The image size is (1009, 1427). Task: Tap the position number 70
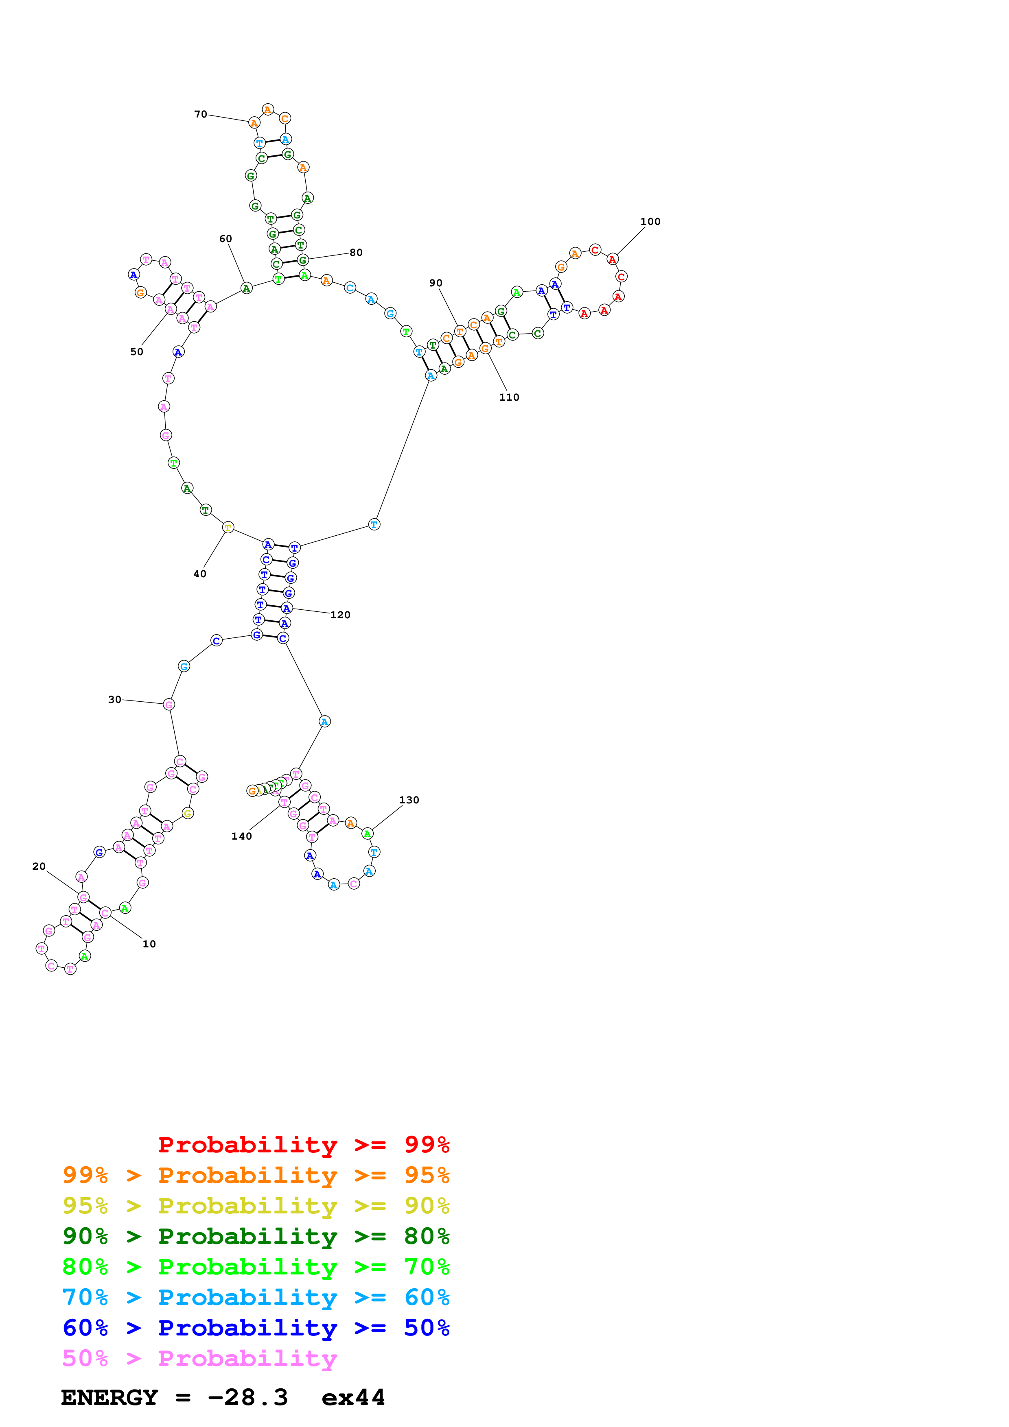[x=200, y=114]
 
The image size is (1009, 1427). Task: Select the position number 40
[x=199, y=574]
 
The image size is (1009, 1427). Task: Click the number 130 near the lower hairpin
[x=409, y=800]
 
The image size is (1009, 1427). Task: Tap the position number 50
[x=136, y=352]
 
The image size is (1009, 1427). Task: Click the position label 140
[x=241, y=836]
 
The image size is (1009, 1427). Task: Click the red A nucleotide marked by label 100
[x=613, y=259]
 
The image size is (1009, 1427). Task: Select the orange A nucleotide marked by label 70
[x=254, y=123]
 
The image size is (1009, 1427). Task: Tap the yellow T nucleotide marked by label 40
[x=228, y=528]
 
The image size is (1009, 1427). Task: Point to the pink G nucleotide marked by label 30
[x=169, y=704]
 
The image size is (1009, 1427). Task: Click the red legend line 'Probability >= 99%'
[x=303, y=1144]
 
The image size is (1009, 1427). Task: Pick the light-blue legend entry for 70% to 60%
[x=256, y=1297]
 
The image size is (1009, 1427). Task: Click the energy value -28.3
[x=247, y=1397]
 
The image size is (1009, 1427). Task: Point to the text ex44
[x=353, y=1397]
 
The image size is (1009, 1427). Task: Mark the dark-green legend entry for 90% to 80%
[x=256, y=1236]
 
